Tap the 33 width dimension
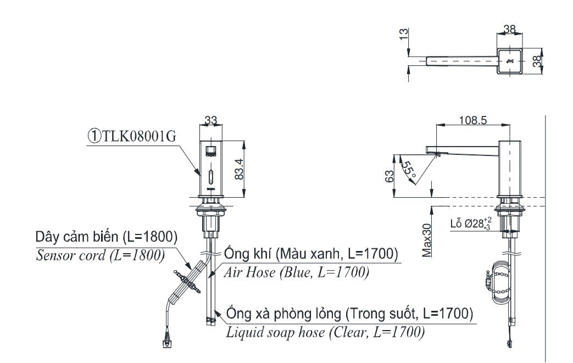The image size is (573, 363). [x=210, y=119]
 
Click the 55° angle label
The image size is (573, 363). [x=409, y=170]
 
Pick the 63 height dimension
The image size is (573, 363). [x=390, y=177]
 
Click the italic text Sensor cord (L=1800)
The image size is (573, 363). [x=100, y=255]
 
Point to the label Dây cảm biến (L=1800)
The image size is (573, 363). [x=106, y=237]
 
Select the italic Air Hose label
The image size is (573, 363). [x=296, y=272]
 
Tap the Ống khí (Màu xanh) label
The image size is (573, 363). [x=310, y=254]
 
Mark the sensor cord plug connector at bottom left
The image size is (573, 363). [x=166, y=344]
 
